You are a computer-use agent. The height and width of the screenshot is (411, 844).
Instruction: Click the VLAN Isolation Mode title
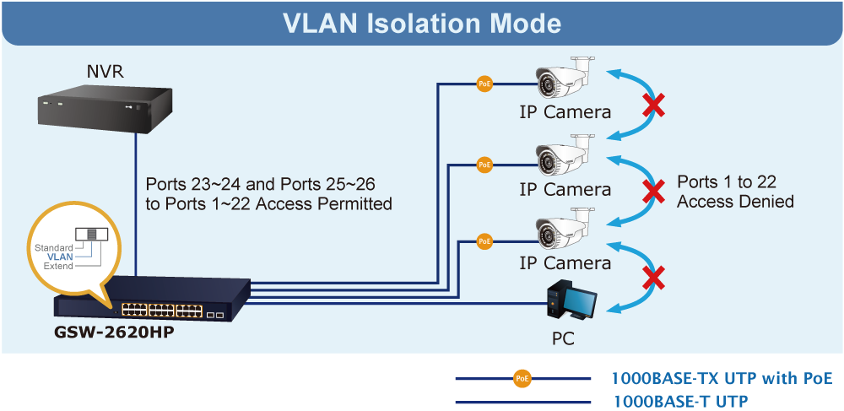tap(422, 22)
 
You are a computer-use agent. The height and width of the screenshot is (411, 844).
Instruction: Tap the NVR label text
tap(105, 72)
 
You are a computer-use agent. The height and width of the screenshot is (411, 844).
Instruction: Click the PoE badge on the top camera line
tap(484, 84)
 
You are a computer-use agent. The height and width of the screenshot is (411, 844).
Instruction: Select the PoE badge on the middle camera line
tap(484, 165)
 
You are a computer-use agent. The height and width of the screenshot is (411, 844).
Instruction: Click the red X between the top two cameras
tap(652, 106)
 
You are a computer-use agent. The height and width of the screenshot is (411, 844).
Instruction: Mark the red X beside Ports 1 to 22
tap(652, 192)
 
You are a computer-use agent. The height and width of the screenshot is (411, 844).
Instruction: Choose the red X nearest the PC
tap(652, 278)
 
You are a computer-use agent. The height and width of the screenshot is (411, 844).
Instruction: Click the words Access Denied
tap(735, 202)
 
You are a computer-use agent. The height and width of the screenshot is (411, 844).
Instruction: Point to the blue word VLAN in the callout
tap(60, 257)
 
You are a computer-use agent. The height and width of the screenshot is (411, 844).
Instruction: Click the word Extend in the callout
tap(58, 267)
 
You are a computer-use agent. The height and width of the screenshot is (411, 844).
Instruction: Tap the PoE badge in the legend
tap(522, 379)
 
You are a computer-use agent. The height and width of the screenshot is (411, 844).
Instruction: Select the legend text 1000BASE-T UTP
tap(680, 401)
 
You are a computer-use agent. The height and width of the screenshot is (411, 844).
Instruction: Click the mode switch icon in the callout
tap(87, 235)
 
